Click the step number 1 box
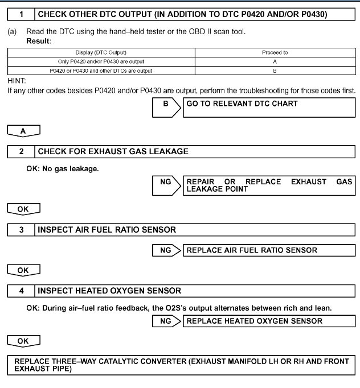click(x=21, y=14)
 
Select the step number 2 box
click(x=21, y=152)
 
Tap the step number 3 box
click(x=21, y=230)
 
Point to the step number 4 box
click(x=21, y=291)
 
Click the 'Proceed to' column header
click(x=275, y=52)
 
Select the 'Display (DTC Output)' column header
click(x=101, y=52)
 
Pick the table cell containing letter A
click(x=275, y=61)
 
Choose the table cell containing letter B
click(x=275, y=71)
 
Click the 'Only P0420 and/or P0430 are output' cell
click(x=101, y=61)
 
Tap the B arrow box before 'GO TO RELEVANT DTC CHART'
click(x=167, y=105)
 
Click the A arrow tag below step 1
click(x=23, y=131)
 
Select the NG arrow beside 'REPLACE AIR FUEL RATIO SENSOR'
click(x=166, y=250)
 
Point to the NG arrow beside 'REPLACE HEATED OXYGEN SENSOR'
click(x=166, y=321)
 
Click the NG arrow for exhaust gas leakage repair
click(x=166, y=185)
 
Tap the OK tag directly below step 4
click(x=23, y=341)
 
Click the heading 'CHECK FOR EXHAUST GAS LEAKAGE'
click(x=113, y=152)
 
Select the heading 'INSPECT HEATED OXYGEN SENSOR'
click(x=109, y=291)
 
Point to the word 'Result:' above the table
click(x=39, y=41)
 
